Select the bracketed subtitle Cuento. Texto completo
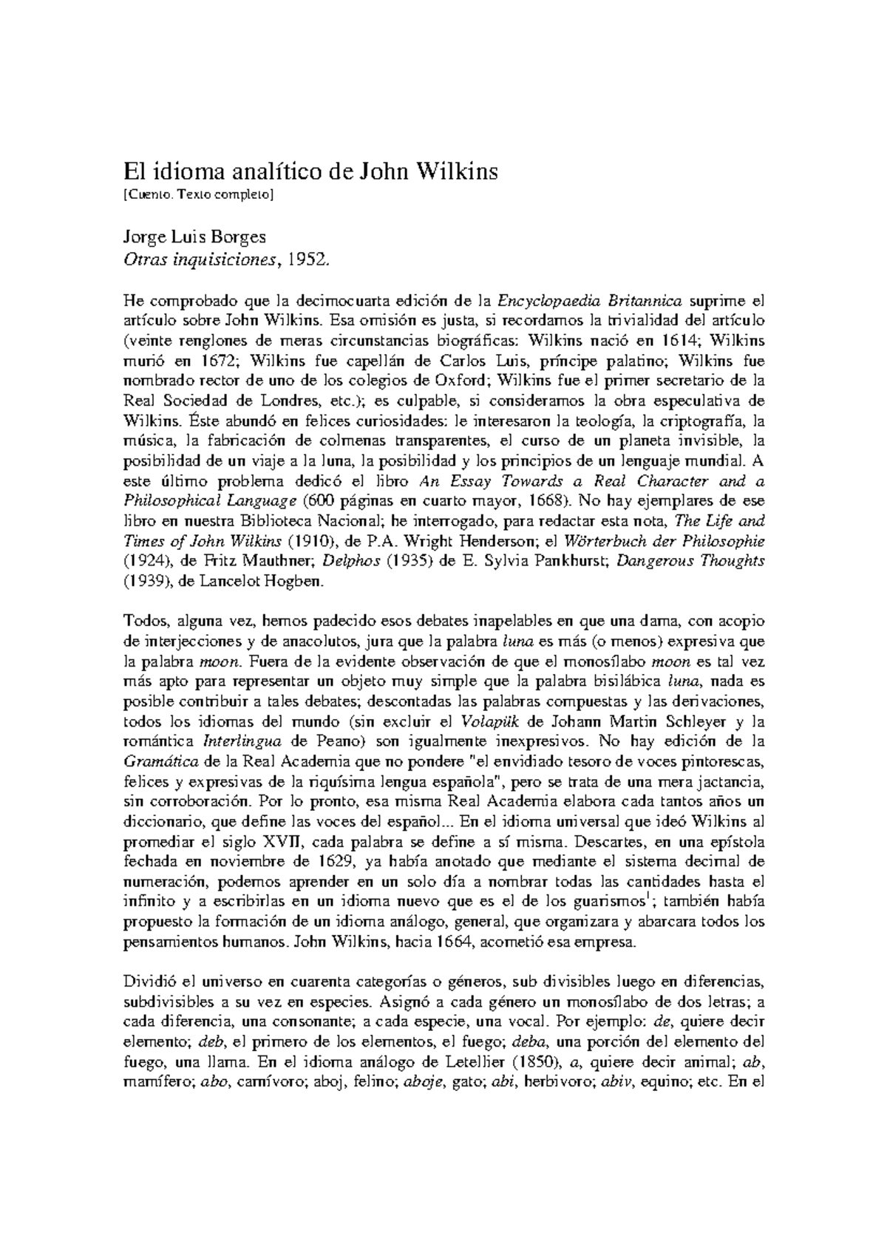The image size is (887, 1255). tap(199, 195)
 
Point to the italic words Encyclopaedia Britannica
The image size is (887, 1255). tap(589, 302)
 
